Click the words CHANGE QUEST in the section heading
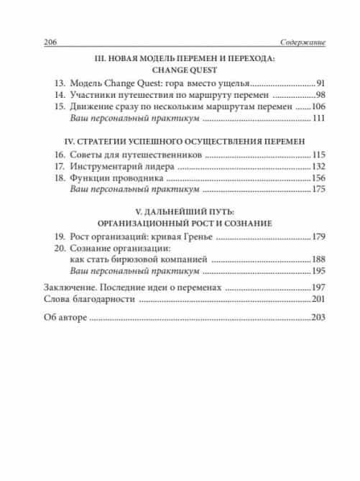click(180, 70)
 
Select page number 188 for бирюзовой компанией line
click(318, 259)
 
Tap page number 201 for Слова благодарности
click(318, 298)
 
